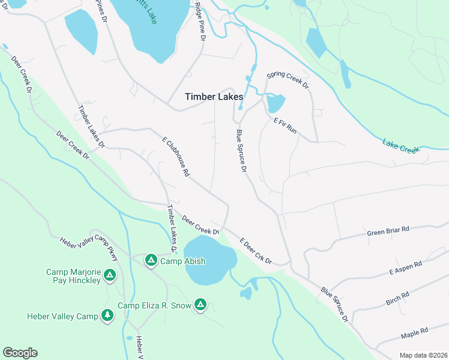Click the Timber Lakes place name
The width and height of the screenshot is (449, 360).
[x=214, y=97]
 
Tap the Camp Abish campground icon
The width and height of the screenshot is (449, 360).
[x=151, y=260]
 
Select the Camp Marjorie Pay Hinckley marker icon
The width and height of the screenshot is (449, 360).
[x=109, y=275]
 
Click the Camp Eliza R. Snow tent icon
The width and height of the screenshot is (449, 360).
[x=200, y=305]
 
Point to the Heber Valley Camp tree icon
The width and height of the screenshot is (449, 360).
[x=107, y=315]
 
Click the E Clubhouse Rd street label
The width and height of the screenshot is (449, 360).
[x=176, y=157]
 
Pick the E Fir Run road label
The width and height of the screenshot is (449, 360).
[x=285, y=125]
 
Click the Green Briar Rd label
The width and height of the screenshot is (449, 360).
[x=388, y=231]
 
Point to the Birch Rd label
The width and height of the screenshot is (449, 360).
[x=397, y=298]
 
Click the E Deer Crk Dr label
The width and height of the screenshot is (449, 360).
[x=256, y=251]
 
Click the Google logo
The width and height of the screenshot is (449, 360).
[x=20, y=352]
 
